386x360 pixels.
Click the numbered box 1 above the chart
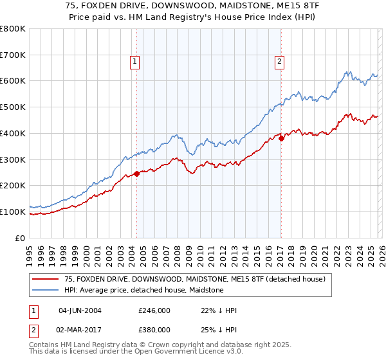click(135, 62)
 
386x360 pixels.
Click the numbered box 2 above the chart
click(280, 62)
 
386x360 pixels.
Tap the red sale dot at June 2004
click(136, 174)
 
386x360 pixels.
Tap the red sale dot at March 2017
click(281, 138)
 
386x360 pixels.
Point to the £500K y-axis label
click(13, 107)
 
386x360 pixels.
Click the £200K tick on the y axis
click(13, 186)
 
